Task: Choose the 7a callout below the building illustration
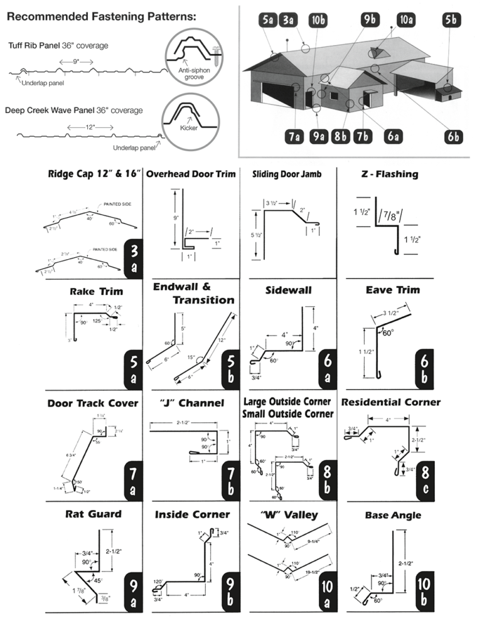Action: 296,136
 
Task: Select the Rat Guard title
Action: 94,514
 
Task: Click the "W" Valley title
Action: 289,514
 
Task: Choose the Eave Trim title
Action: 393,290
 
